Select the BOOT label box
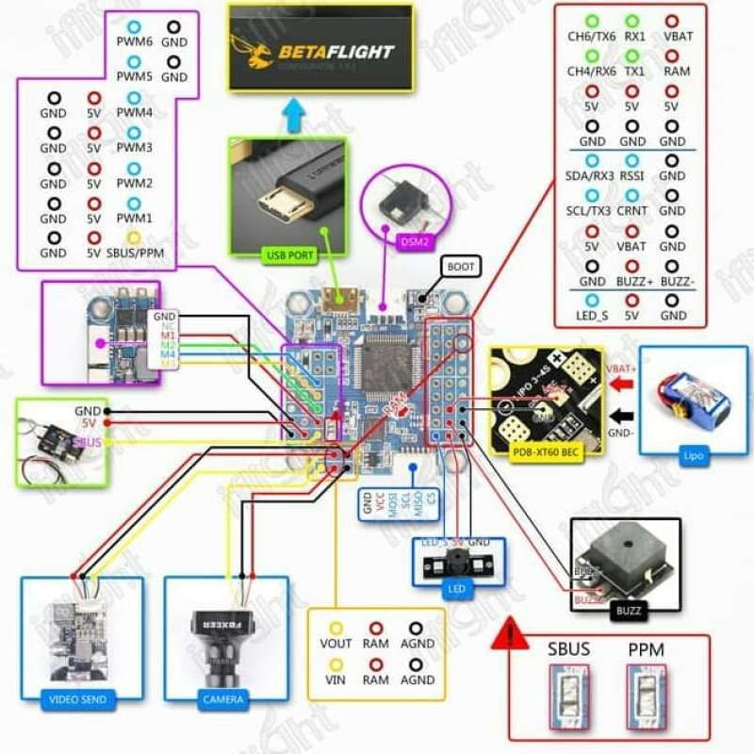click(x=461, y=267)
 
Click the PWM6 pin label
click(x=135, y=42)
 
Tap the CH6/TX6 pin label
click(x=592, y=37)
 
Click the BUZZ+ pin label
click(x=631, y=281)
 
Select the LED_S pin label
click(x=592, y=316)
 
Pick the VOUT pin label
click(x=336, y=644)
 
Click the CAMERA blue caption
click(x=222, y=700)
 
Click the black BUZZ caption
click(x=629, y=611)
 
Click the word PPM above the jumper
click(x=648, y=651)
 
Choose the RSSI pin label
click(x=631, y=176)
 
